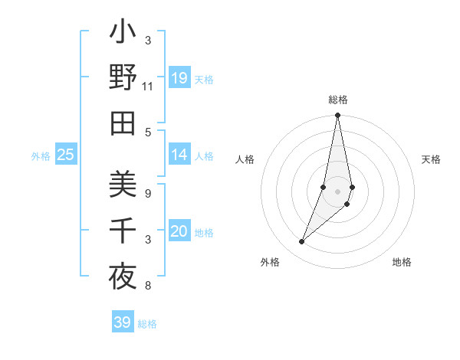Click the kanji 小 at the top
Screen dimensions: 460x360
[x=123, y=35]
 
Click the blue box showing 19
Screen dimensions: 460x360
[x=179, y=78]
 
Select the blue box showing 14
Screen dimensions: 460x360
[x=179, y=155]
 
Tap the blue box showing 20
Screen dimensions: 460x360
[x=179, y=231]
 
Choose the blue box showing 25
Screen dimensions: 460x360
[x=66, y=155]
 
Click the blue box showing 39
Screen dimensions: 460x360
[x=123, y=322]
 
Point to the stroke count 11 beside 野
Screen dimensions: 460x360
[x=148, y=87]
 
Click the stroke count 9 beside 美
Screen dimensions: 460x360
[x=148, y=193]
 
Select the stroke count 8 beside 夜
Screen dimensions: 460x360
[x=148, y=286]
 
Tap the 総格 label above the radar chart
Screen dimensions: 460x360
[x=338, y=100]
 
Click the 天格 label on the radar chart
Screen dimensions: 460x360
[x=432, y=159]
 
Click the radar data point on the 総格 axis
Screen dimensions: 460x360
[x=337, y=116]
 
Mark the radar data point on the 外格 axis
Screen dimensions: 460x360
[x=301, y=242]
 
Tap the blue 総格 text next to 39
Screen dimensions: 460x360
[x=147, y=323]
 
